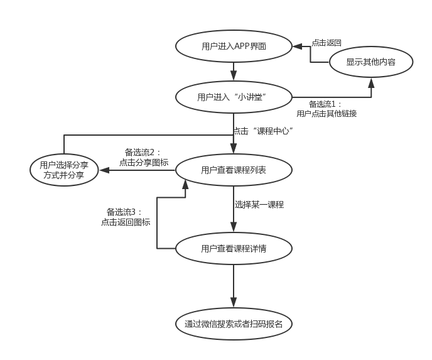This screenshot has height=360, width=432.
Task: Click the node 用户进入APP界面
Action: click(234, 46)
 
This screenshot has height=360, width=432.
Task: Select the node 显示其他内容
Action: click(371, 62)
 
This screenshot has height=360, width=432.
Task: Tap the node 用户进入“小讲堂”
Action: click(234, 97)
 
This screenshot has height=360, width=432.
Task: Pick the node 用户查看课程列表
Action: click(234, 170)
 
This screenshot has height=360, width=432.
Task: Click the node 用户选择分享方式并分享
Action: click(64, 170)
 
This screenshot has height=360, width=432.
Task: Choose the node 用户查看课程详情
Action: click(234, 249)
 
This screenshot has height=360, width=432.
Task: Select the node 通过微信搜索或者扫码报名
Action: click(234, 324)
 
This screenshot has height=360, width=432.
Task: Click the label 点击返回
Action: click(327, 43)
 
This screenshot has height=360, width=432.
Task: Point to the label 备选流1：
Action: click(325, 104)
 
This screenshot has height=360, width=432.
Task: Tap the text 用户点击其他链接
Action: click(327, 113)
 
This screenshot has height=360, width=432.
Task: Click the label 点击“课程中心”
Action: click(263, 131)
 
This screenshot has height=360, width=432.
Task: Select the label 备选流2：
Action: click(143, 152)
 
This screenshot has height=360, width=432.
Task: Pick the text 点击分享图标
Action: click(144, 162)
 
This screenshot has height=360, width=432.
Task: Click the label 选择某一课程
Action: click(259, 205)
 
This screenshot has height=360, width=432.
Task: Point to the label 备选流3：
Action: click(124, 212)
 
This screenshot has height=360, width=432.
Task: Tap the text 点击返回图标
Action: click(126, 222)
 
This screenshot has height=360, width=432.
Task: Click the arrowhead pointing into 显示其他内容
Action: click(371, 83)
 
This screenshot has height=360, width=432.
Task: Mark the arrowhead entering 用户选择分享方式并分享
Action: click(104, 170)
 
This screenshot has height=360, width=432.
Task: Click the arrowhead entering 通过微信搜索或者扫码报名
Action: click(234, 303)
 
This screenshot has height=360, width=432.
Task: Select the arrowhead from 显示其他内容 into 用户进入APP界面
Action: click(298, 46)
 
